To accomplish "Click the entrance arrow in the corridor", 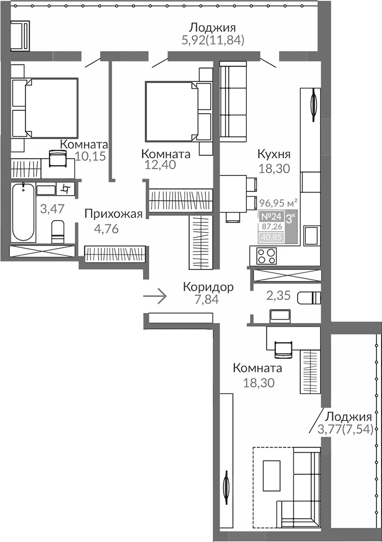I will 155,297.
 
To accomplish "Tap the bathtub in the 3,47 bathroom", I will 22,212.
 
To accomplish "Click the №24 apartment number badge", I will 270,217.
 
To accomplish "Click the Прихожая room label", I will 113,213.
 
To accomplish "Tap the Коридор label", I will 208,286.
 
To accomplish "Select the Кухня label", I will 274,154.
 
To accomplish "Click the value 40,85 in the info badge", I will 270,237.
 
